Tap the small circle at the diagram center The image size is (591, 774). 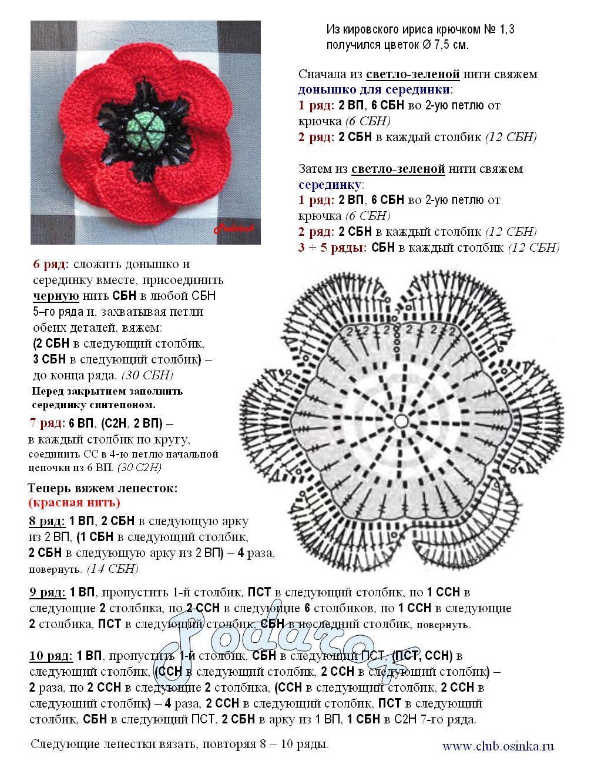coord(401,421)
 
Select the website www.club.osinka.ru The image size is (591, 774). coord(498,747)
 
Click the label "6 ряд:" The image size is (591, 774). coord(51,264)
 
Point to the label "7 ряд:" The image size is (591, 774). coord(47,423)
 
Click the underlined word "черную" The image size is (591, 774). coord(56,296)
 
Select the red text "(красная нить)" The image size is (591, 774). coord(74,502)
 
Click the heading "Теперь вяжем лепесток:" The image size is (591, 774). coord(102,488)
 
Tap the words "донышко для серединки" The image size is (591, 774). coord(374,90)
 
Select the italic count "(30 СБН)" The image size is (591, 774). coord(147,375)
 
